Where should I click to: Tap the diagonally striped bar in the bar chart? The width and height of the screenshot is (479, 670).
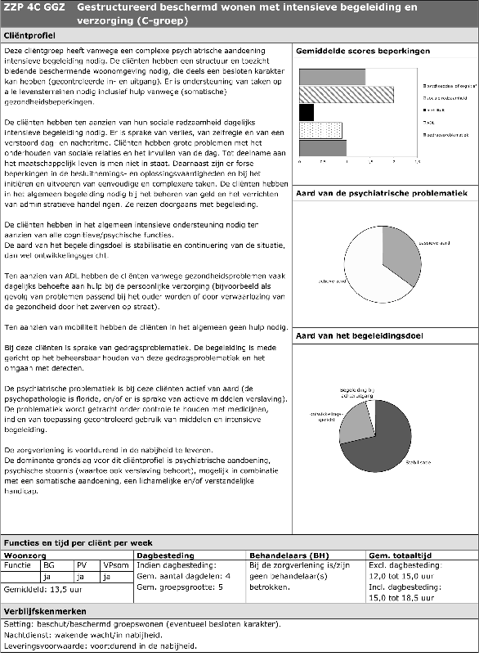point(346,95)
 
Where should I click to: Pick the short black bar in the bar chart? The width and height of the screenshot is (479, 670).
point(307,112)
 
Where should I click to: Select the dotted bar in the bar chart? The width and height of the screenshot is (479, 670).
point(320,130)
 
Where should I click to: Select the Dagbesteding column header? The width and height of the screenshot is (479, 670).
point(166,554)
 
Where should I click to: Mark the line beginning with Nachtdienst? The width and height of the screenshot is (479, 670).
point(83,635)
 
